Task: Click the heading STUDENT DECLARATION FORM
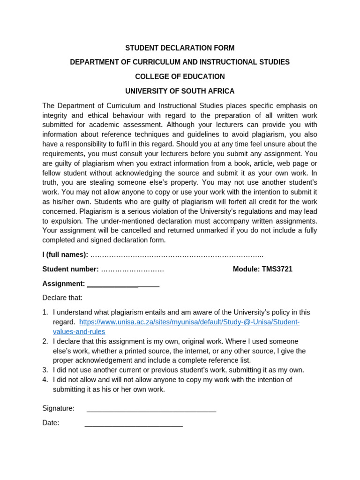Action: click(180, 48)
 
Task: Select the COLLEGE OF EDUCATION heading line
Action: click(180, 76)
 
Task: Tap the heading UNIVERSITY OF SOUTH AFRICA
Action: click(180, 91)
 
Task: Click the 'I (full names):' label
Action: click(65, 255)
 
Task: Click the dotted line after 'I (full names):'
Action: click(177, 255)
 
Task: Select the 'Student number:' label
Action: click(70, 269)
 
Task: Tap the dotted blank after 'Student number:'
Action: click(133, 270)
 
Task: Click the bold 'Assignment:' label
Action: click(64, 284)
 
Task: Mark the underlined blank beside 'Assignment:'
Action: click(123, 285)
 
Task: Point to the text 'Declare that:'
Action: click(62, 298)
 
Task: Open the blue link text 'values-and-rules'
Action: click(79, 332)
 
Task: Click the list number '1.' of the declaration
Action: click(45, 312)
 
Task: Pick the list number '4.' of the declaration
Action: click(45, 380)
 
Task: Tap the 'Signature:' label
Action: click(59, 408)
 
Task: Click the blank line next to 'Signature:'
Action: click(151, 410)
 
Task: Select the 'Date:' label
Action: click(51, 423)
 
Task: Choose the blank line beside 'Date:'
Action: click(134, 425)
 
